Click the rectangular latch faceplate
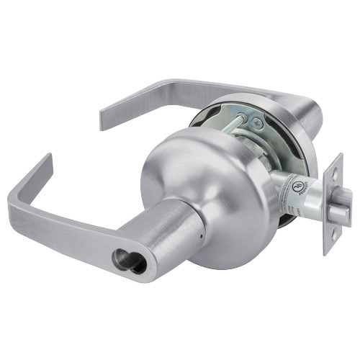336,203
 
